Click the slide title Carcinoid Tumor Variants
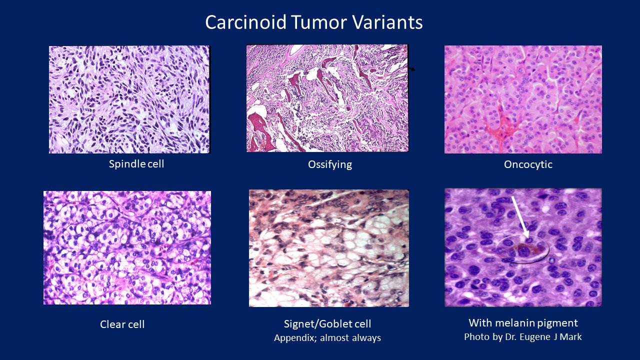point(314,22)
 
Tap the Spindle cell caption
point(136,163)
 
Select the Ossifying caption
point(330,164)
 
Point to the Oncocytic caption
point(528,164)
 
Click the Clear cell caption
point(122,324)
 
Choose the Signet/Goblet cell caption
point(327,324)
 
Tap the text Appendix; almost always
point(327,338)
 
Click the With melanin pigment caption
point(523,322)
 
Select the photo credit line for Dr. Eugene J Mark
point(523,336)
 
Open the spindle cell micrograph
point(129,99)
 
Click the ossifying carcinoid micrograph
point(327,99)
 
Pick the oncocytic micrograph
point(523,99)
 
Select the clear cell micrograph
point(127,247)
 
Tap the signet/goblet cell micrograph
point(328,248)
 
